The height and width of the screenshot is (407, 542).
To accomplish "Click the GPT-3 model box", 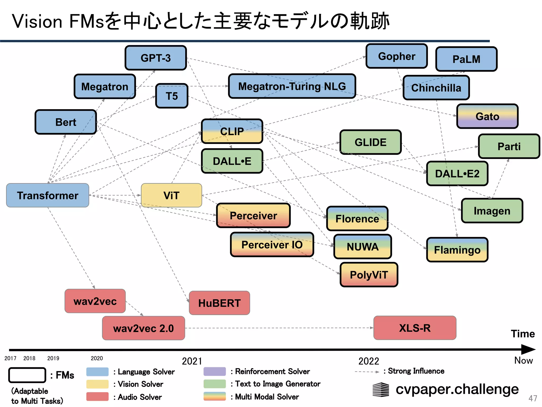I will [156, 58].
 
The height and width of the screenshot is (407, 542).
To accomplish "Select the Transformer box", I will [48, 195].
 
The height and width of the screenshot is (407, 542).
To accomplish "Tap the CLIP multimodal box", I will [232, 131].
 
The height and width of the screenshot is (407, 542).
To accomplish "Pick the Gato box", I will [487, 116].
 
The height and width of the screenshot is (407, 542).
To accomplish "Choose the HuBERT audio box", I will [219, 303].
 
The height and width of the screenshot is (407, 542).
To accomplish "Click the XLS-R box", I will [415, 328].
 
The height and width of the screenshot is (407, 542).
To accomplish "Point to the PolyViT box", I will [369, 275].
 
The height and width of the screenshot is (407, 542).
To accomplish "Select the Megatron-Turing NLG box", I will [292, 86].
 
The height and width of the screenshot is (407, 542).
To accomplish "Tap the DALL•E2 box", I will [457, 174].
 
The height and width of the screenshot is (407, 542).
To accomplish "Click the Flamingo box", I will [457, 250].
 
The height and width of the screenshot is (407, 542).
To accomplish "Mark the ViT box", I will [171, 195].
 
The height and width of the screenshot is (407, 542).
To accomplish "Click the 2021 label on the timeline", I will [192, 361].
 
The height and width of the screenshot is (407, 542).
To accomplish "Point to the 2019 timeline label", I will [53, 358].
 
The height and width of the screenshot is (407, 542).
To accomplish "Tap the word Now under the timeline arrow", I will [523, 360].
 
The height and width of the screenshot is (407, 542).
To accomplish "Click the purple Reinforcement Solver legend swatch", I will [214, 371].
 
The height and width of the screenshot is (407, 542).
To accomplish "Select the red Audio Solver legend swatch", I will [97, 397].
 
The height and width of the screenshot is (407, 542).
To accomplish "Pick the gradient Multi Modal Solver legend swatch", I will [214, 396].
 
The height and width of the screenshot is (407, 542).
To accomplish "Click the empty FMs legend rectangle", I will [27, 375].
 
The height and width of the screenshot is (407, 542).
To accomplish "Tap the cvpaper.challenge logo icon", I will [381, 390].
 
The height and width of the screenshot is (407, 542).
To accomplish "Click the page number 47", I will [532, 398].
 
